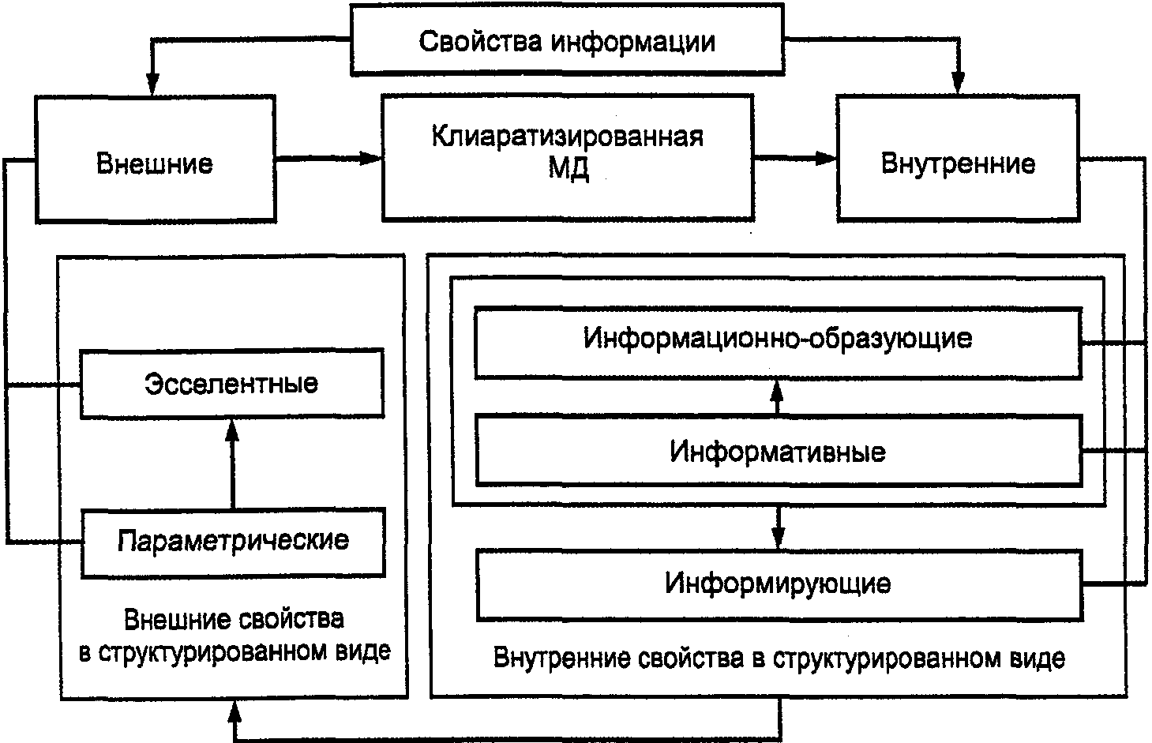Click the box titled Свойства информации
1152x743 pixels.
click(x=567, y=41)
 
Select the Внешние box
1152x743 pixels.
click(x=155, y=163)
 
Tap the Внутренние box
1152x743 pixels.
click(x=958, y=163)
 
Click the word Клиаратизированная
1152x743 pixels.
click(x=567, y=137)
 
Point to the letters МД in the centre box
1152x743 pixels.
click(x=568, y=168)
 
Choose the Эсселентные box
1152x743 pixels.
click(x=231, y=384)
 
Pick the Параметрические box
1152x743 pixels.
click(x=233, y=541)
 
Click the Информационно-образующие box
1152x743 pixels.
click(x=778, y=340)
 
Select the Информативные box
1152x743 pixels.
click(x=778, y=452)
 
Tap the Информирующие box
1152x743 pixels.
click(x=778, y=584)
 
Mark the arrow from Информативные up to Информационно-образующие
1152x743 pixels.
click(x=777, y=396)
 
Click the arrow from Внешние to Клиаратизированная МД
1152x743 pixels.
click(x=328, y=159)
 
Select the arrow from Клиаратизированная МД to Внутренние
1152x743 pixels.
click(x=794, y=159)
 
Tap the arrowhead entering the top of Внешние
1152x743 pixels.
click(x=152, y=83)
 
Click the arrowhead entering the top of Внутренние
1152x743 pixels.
click(x=958, y=83)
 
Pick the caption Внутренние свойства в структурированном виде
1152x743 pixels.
click(x=779, y=658)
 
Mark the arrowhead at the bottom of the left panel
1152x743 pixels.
click(x=235, y=712)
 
